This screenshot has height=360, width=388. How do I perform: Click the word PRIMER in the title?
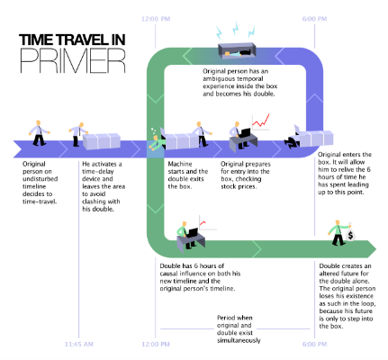coord(72,61)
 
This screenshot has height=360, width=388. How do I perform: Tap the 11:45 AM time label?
coord(79,344)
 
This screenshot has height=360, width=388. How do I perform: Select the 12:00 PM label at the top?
coord(156,19)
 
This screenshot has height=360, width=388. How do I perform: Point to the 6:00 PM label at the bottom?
coord(314,344)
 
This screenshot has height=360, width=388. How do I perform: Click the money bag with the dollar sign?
coord(350,235)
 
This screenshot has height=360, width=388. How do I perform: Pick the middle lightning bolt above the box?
coord(236,29)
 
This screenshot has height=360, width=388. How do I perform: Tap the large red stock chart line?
coord(261,121)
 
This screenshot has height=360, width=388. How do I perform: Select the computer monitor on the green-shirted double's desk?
coord(192,233)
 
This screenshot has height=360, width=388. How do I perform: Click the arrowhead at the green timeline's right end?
coord(372,248)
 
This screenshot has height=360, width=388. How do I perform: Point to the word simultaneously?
coord(239,340)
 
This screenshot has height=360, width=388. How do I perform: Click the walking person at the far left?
coord(39,133)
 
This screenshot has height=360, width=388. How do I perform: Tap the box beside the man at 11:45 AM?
coord(102,141)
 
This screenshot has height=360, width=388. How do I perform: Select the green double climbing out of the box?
coord(157,141)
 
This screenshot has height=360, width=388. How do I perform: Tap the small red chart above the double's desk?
coord(203,223)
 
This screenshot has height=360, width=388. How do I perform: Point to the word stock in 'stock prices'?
coord(229,186)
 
